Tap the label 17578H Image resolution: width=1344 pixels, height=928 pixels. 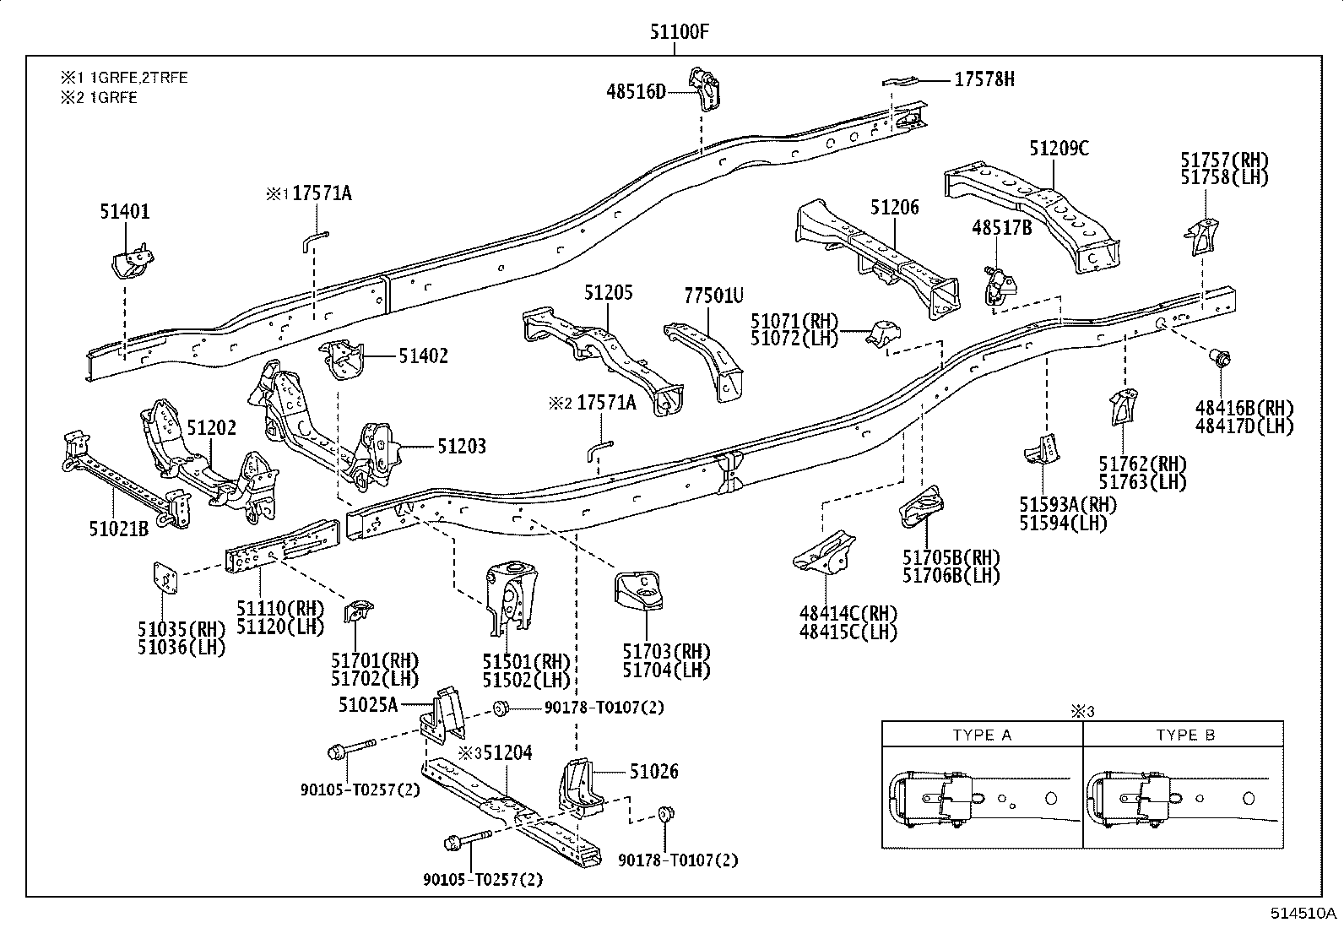[x=984, y=79]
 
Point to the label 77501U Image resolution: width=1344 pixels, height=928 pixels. [x=713, y=295]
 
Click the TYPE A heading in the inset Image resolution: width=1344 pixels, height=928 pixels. [x=982, y=735]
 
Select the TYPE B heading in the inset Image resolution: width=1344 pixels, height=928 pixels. [x=1185, y=735]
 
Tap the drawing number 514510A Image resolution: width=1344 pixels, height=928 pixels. [x=1304, y=914]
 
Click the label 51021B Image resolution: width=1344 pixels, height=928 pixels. [x=119, y=529]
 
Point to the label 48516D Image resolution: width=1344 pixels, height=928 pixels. [x=636, y=91]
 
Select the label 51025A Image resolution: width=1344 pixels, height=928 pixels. [x=368, y=703]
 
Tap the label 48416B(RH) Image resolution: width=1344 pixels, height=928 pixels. [x=1244, y=408]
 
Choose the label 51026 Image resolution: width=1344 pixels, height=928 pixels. [x=653, y=771]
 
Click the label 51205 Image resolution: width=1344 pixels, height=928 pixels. [x=608, y=293]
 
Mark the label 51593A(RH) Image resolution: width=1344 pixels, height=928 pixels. [x=1067, y=505]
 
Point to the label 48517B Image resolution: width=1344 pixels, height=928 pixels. [x=1001, y=227]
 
